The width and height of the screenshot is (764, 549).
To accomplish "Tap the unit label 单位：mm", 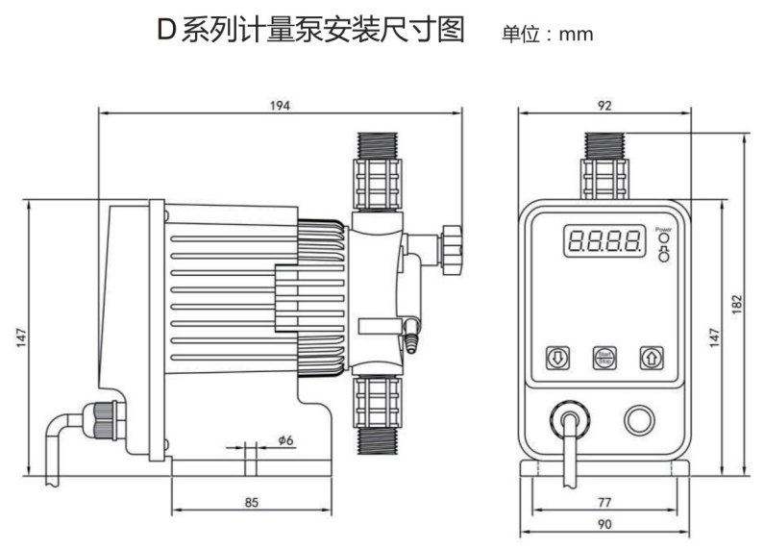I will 548,36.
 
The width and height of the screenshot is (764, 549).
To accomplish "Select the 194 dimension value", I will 278,104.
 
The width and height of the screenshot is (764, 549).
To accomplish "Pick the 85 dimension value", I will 250,501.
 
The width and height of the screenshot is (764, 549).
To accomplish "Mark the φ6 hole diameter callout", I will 285,439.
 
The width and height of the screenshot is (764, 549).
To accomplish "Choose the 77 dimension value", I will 605,502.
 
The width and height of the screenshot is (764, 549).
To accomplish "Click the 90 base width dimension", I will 605,524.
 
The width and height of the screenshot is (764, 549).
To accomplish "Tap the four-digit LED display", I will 603,240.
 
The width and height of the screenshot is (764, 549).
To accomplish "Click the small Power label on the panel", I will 661,229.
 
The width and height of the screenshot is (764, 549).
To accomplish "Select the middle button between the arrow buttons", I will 603,358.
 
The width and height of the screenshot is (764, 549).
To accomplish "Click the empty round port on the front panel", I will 638,418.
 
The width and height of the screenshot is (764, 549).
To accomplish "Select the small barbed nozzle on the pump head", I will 412,336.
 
